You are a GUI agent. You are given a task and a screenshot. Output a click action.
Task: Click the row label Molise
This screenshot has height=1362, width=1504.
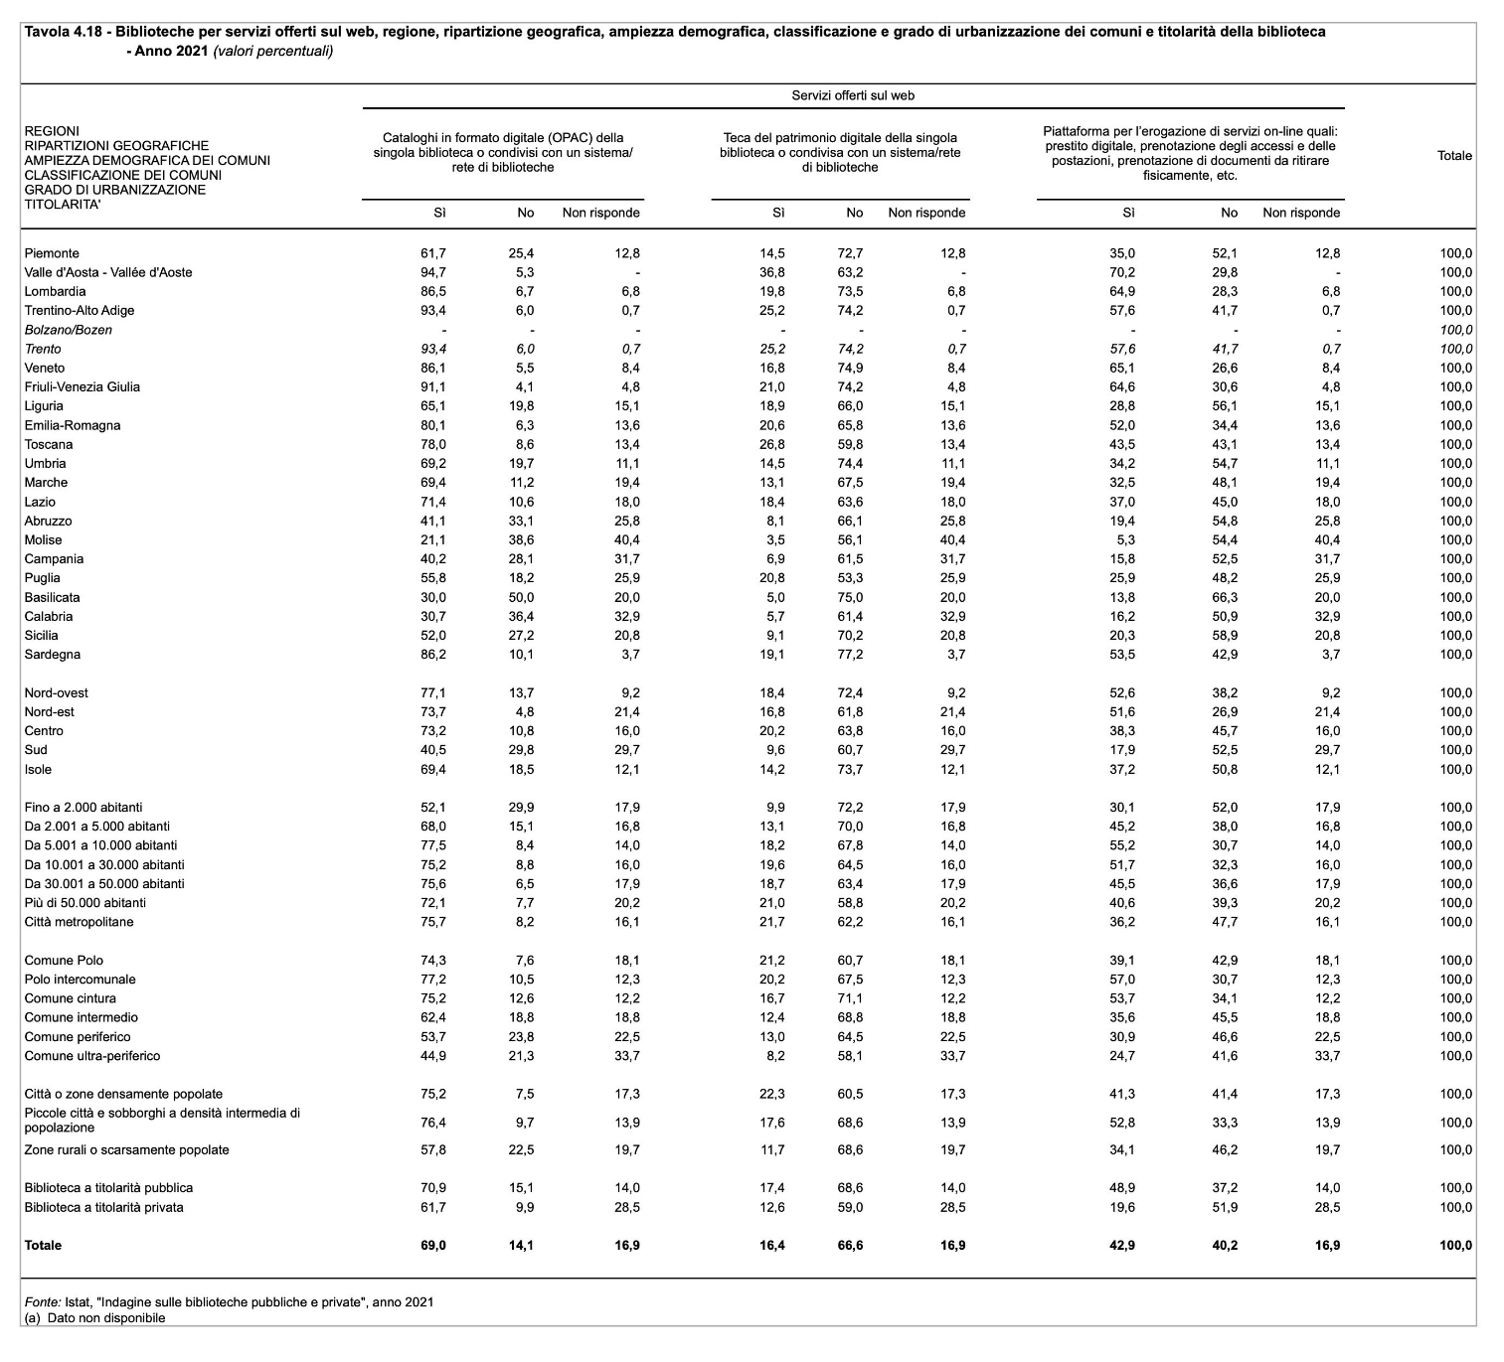43,539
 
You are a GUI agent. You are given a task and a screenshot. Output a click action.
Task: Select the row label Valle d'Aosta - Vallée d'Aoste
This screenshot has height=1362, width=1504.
108,272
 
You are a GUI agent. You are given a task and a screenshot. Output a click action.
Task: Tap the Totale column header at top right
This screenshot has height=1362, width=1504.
1454,156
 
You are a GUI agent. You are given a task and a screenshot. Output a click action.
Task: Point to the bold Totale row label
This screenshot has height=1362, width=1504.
43,1246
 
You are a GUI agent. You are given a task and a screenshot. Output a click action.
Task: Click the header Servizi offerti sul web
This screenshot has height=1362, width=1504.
853,95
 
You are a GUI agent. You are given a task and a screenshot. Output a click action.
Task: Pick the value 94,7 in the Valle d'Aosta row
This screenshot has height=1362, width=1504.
433,272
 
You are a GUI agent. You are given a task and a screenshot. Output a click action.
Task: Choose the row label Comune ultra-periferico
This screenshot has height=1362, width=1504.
91,1056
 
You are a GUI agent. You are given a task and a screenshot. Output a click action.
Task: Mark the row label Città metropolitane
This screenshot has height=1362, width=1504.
79,922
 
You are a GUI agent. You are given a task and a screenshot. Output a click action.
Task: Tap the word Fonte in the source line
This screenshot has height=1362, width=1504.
42,1301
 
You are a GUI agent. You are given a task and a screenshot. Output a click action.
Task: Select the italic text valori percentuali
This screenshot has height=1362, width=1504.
273,51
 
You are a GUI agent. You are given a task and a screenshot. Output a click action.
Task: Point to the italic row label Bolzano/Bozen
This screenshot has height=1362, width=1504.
68,330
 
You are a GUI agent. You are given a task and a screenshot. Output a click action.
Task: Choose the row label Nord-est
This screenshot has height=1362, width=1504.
49,712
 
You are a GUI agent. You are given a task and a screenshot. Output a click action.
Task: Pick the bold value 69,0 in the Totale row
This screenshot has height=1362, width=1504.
434,1246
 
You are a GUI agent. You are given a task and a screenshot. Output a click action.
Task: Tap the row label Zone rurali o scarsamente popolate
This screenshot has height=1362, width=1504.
126,1150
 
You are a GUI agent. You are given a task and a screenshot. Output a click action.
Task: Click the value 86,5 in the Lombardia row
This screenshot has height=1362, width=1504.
433,292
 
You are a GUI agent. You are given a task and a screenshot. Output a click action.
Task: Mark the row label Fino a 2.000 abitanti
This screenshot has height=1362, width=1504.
84,808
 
